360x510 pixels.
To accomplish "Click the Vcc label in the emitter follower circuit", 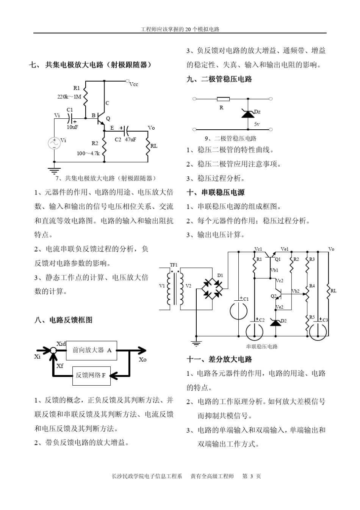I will (134, 84).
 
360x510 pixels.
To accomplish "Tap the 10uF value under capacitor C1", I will (72, 127).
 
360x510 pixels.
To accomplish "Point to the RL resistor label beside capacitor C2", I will (154, 146).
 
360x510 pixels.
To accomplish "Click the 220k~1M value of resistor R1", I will (69, 97).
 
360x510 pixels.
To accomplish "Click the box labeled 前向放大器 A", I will (92, 350).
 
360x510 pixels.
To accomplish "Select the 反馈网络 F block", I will (91, 375).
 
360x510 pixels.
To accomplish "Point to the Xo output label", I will (142, 359).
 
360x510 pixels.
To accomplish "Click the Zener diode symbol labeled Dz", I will (248, 113).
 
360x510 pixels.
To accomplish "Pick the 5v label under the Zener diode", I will (257, 124).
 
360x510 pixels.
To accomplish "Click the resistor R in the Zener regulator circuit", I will (223, 99).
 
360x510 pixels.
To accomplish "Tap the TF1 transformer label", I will (174, 265).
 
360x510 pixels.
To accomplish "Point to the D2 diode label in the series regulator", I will (283, 321).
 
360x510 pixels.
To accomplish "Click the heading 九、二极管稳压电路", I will (219, 79).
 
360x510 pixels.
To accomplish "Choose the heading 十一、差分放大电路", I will (219, 359).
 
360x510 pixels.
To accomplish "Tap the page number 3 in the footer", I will (252, 476).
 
